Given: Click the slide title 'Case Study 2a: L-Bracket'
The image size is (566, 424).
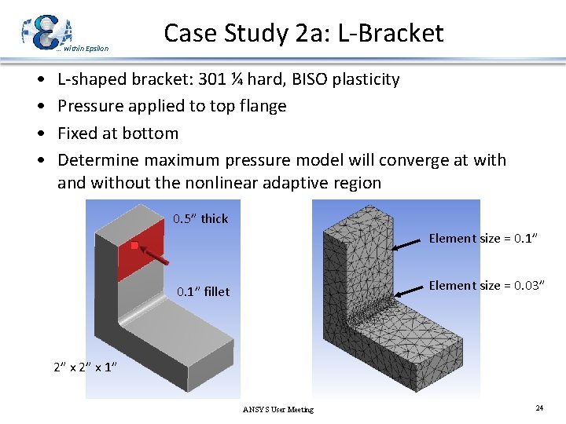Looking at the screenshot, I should pos(303,33).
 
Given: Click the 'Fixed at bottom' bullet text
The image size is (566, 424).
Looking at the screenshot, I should pos(118,133).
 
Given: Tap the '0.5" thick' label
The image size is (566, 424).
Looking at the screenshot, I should pos(200,218).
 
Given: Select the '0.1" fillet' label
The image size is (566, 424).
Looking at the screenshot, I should pos(203,291).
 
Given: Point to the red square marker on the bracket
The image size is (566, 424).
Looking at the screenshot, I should pos(134,246).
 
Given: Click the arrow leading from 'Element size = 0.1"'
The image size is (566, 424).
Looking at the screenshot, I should pos(408,243).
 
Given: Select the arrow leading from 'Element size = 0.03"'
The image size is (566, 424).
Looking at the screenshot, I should pos(410,290).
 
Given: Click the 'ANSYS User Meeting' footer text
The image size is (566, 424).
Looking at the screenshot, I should pos(277,409).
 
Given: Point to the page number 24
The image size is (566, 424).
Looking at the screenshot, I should pos(539,408).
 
